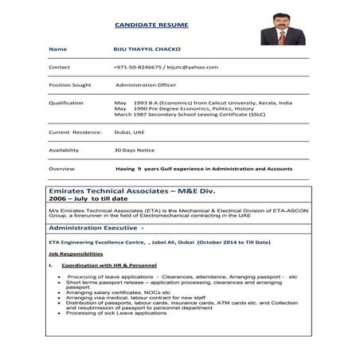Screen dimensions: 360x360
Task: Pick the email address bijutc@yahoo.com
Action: [x=193, y=68]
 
